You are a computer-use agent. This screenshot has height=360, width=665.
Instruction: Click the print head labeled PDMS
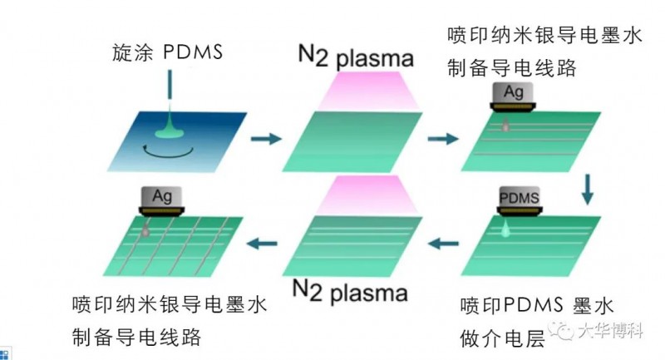click(x=518, y=202)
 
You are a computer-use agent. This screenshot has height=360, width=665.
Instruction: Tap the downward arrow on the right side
click(x=589, y=189)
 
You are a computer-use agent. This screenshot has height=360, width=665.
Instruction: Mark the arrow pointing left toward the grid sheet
click(x=264, y=244)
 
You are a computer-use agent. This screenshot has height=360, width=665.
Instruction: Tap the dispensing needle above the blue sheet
click(x=170, y=91)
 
